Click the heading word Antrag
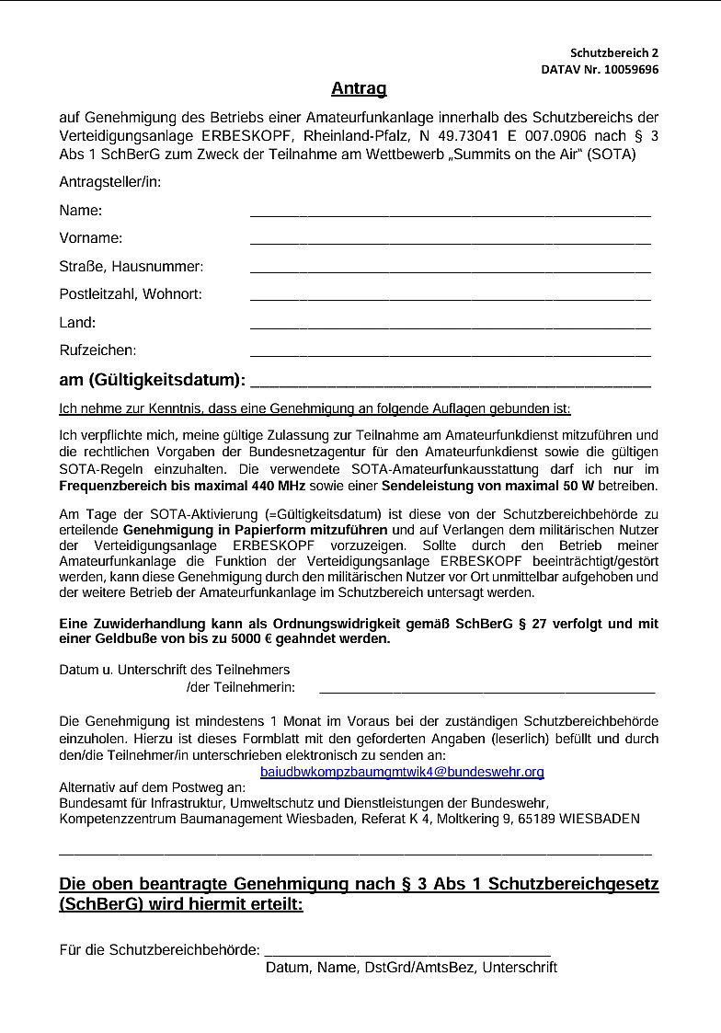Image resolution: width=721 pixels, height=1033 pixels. (x=359, y=89)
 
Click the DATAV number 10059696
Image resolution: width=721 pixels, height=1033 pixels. (x=628, y=69)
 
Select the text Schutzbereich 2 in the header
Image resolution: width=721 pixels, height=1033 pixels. (x=614, y=53)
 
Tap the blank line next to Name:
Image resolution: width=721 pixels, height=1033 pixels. (x=450, y=212)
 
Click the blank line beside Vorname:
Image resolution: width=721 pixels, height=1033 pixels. (x=450, y=241)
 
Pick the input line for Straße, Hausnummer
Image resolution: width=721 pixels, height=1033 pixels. (x=450, y=270)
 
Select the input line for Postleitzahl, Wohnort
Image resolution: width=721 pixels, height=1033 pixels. (x=450, y=297)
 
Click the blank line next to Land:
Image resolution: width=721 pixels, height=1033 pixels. (x=450, y=325)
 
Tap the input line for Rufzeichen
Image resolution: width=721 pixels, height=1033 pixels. (x=450, y=353)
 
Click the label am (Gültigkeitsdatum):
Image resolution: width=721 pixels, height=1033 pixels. (x=153, y=380)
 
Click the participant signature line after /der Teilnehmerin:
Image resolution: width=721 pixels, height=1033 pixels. (x=486, y=688)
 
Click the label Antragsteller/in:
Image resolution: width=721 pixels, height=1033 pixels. (x=110, y=182)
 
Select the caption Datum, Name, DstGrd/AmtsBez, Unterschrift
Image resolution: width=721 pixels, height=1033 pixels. (x=411, y=968)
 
